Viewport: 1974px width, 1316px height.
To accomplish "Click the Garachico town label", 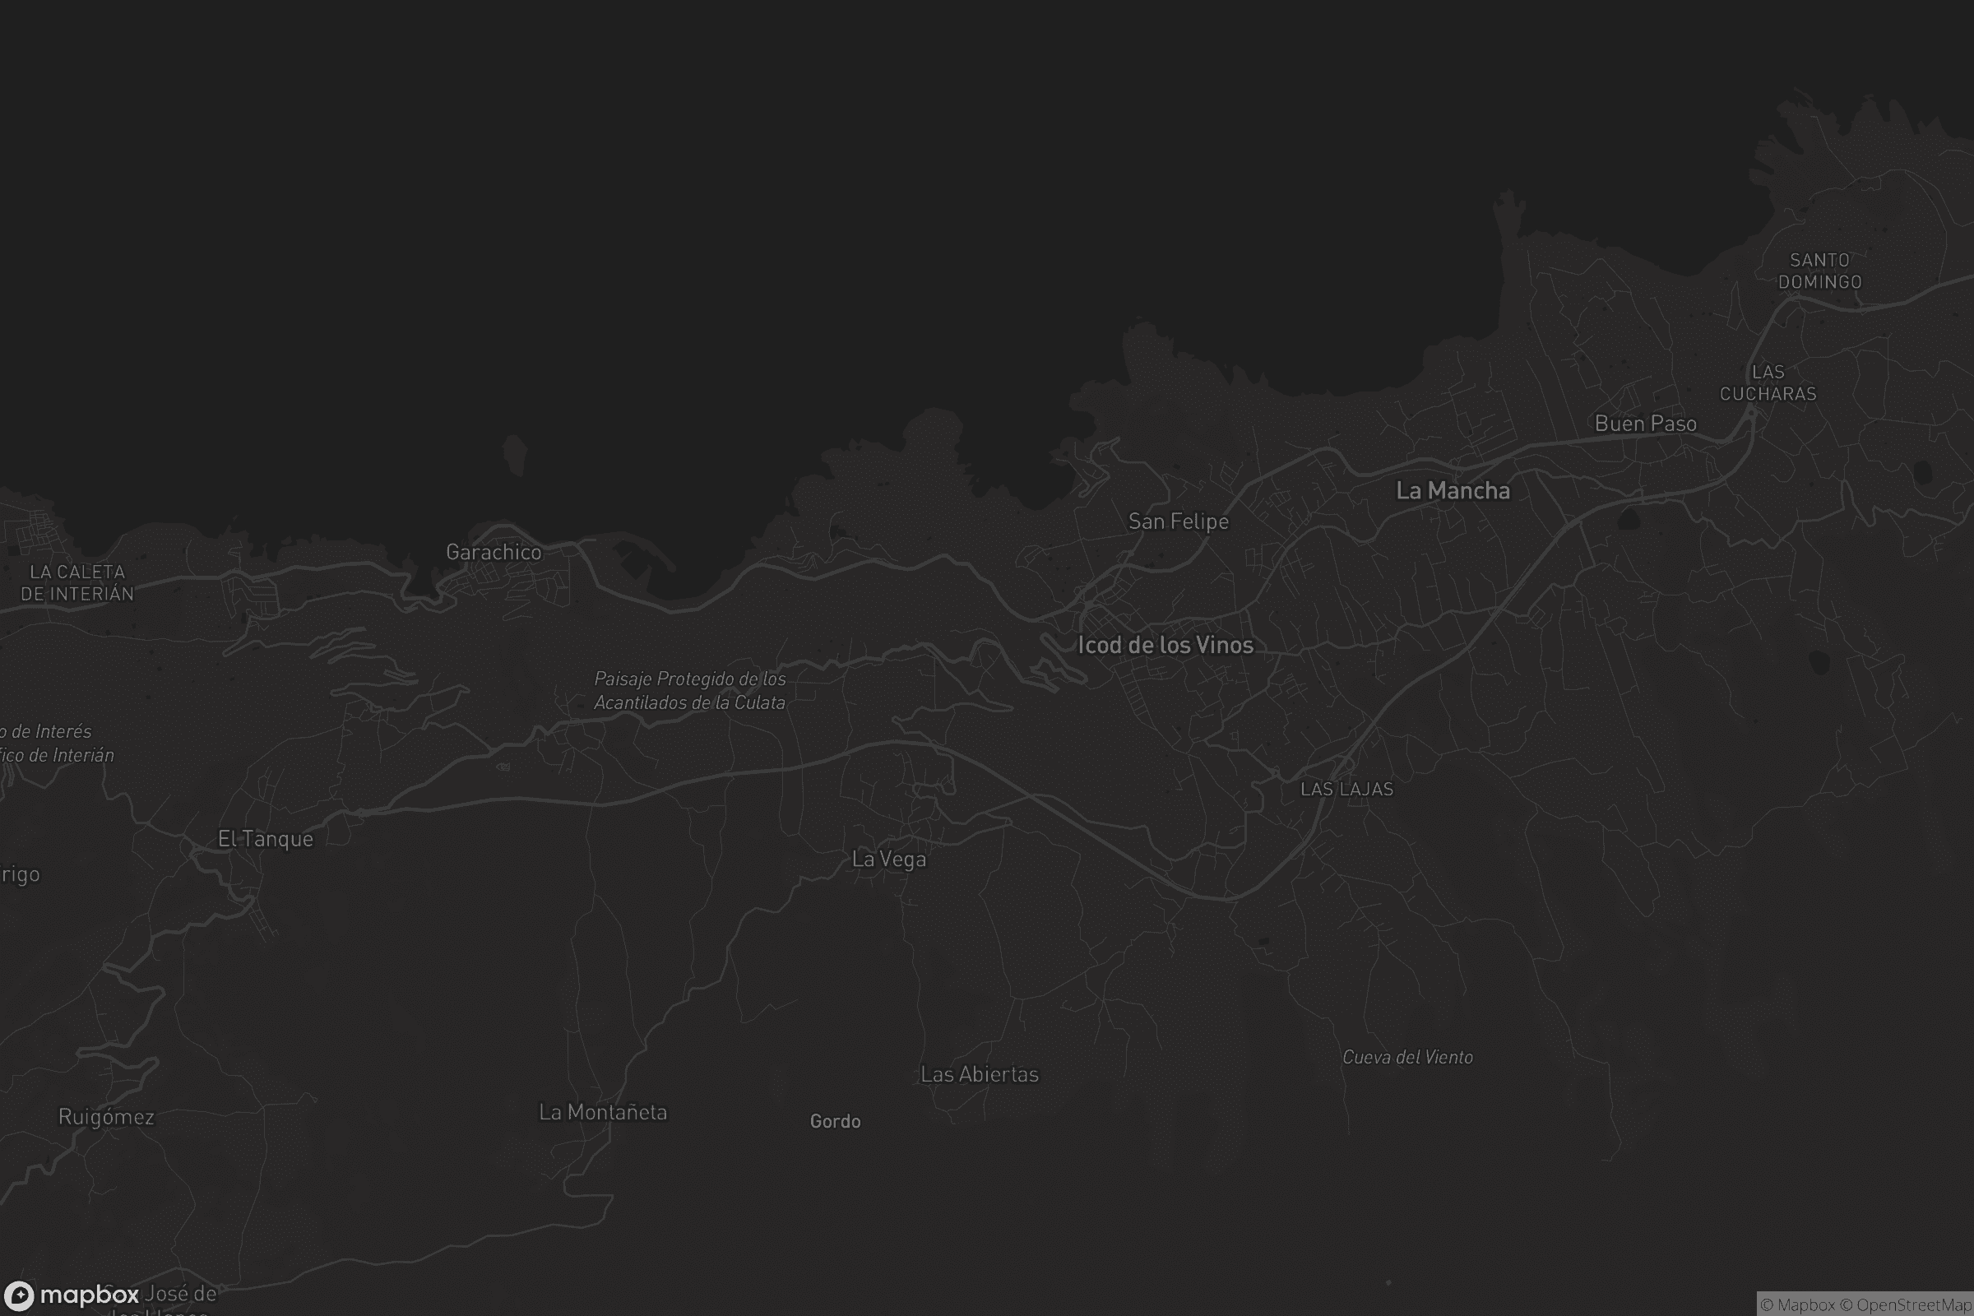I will [493, 552].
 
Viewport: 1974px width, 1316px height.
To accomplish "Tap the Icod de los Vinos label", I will [1165, 645].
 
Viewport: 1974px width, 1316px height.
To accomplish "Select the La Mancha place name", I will [1453, 491].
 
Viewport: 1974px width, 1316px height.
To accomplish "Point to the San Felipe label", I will [1179, 521].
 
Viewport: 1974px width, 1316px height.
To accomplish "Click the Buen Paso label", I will [1645, 424].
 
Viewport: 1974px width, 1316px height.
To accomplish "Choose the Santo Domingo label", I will [1819, 271].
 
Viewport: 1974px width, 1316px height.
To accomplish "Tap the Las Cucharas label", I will [1768, 382].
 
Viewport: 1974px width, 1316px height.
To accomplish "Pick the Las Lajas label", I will [1346, 789].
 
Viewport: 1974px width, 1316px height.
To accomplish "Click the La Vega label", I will [889, 860].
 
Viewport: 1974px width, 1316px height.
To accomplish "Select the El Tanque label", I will [265, 838].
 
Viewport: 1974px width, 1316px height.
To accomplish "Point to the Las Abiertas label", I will [980, 1074].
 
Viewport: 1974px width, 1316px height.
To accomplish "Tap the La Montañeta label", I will [603, 1112].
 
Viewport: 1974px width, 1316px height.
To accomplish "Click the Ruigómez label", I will [107, 1117].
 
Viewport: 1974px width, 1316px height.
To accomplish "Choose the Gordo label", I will [835, 1121].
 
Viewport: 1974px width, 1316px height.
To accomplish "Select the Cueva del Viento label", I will [1407, 1058].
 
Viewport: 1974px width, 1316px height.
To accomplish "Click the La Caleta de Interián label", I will [77, 582].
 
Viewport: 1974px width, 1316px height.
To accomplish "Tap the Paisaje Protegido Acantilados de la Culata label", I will [690, 691].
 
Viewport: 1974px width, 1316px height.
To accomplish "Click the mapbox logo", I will [72, 1295].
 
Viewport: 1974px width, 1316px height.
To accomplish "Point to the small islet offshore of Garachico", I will [515, 455].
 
